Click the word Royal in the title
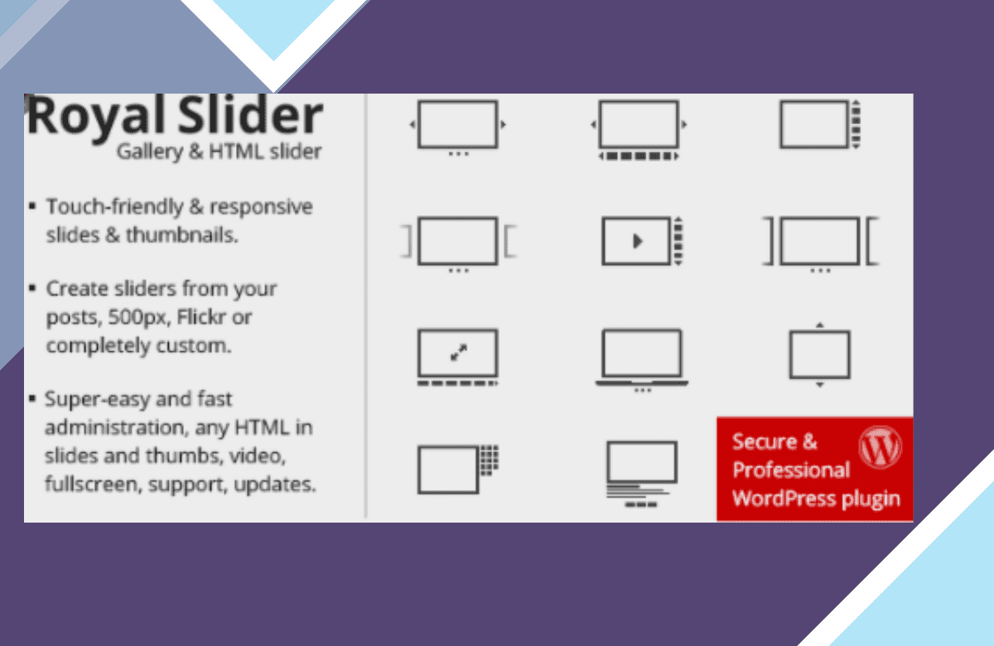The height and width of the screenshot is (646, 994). (x=96, y=117)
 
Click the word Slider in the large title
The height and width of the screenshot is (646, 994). (x=250, y=114)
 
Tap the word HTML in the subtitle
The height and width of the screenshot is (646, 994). (x=236, y=152)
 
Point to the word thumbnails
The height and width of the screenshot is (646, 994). (x=182, y=234)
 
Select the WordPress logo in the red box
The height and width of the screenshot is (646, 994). (x=880, y=447)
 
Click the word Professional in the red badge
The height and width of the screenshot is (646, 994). (x=791, y=470)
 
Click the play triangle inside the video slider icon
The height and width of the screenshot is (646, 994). (x=638, y=241)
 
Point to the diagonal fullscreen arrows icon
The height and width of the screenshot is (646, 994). (x=458, y=353)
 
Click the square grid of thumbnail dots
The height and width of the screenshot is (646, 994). (x=490, y=460)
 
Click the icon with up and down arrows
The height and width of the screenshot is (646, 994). (x=819, y=354)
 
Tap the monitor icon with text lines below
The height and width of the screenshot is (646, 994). (x=642, y=474)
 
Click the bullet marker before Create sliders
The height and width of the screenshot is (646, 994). (x=32, y=289)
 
